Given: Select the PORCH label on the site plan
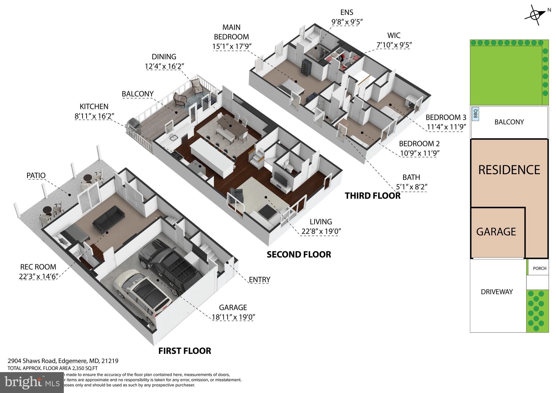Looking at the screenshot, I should (x=539, y=268).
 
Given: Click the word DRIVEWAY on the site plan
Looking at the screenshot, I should (x=497, y=292).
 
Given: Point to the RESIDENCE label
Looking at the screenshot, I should (x=509, y=170).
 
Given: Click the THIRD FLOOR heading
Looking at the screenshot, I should (x=372, y=196).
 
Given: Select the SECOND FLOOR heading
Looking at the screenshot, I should (x=299, y=255).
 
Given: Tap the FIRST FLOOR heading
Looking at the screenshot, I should (x=185, y=351).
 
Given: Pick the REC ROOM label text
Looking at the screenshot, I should (x=38, y=267).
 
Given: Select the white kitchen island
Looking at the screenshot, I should (x=212, y=157).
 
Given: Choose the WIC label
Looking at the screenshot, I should (x=394, y=35).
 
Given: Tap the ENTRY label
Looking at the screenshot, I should (x=260, y=280).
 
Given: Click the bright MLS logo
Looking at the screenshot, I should (x=32, y=382).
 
